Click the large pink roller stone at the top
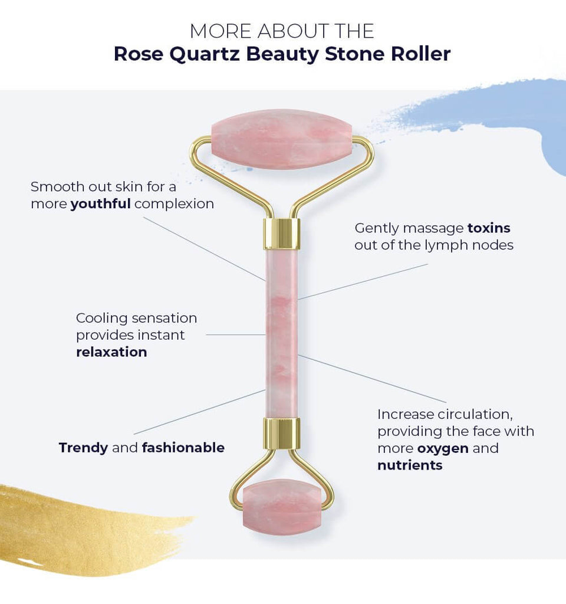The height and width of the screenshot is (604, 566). point(281,140)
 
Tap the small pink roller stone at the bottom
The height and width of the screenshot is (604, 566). point(281,507)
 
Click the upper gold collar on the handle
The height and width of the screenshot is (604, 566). point(281,234)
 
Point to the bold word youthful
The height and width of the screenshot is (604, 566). point(100,204)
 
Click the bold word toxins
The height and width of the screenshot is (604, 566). point(489,228)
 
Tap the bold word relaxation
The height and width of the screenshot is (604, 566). point(111,352)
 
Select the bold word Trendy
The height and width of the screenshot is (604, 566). point(83,448)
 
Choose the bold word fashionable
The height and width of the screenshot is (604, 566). point(183,448)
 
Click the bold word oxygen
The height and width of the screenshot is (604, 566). point(443,448)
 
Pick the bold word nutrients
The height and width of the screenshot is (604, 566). point(410,465)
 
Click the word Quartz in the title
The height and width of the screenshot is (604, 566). point(207,54)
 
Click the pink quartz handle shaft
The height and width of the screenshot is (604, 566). point(281,333)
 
